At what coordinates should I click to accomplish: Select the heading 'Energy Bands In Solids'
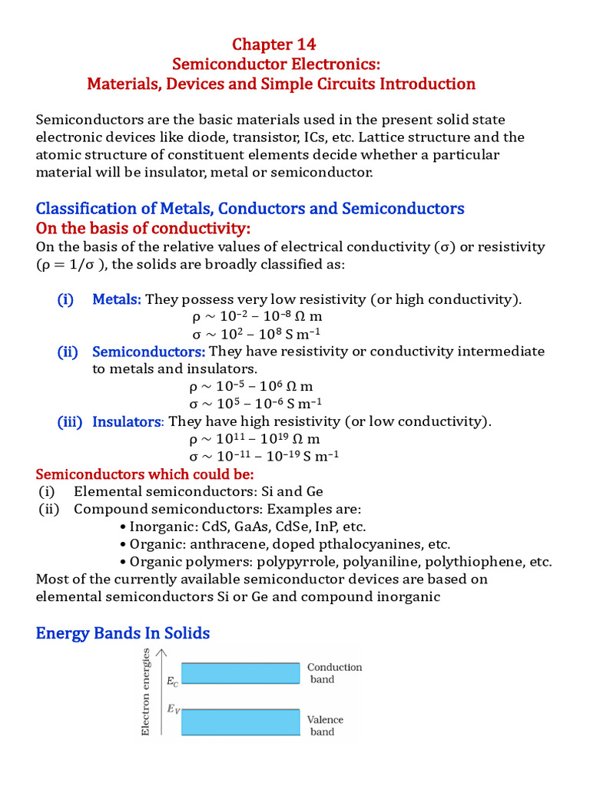coord(123,632)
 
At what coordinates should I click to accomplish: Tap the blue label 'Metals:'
coord(117,299)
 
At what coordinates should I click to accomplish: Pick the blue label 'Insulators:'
coord(128,421)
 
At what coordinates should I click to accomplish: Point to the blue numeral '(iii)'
coord(70,421)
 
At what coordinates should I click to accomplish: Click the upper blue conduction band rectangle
coord(240,673)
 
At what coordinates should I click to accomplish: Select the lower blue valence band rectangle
coord(240,722)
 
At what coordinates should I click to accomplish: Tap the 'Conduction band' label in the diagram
coord(334,673)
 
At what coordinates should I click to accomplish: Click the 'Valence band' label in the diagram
coord(325,725)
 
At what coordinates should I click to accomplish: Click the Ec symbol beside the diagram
coord(171,680)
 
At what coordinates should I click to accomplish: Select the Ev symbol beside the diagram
coord(174,708)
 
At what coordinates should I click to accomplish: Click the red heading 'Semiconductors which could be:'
coord(144,474)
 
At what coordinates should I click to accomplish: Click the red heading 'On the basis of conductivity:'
coord(144,230)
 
